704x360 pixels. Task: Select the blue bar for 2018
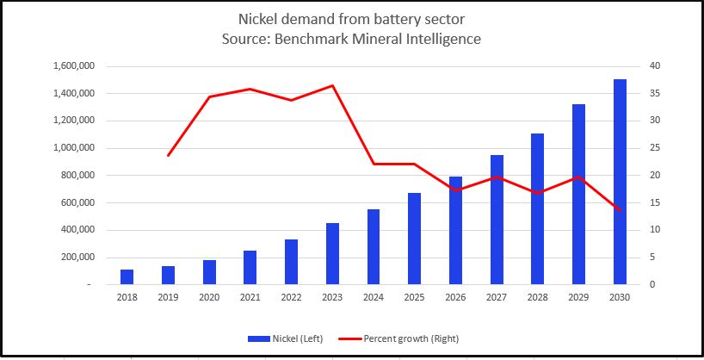[x=127, y=276]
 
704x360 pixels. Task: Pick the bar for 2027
[x=497, y=220]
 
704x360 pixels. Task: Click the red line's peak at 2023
[x=332, y=85]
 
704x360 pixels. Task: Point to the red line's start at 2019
[x=168, y=155]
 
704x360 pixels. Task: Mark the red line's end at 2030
[x=620, y=210]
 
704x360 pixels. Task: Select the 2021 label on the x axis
[x=250, y=298]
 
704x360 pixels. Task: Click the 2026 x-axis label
[x=455, y=298]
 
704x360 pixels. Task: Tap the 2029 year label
[x=578, y=298]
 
